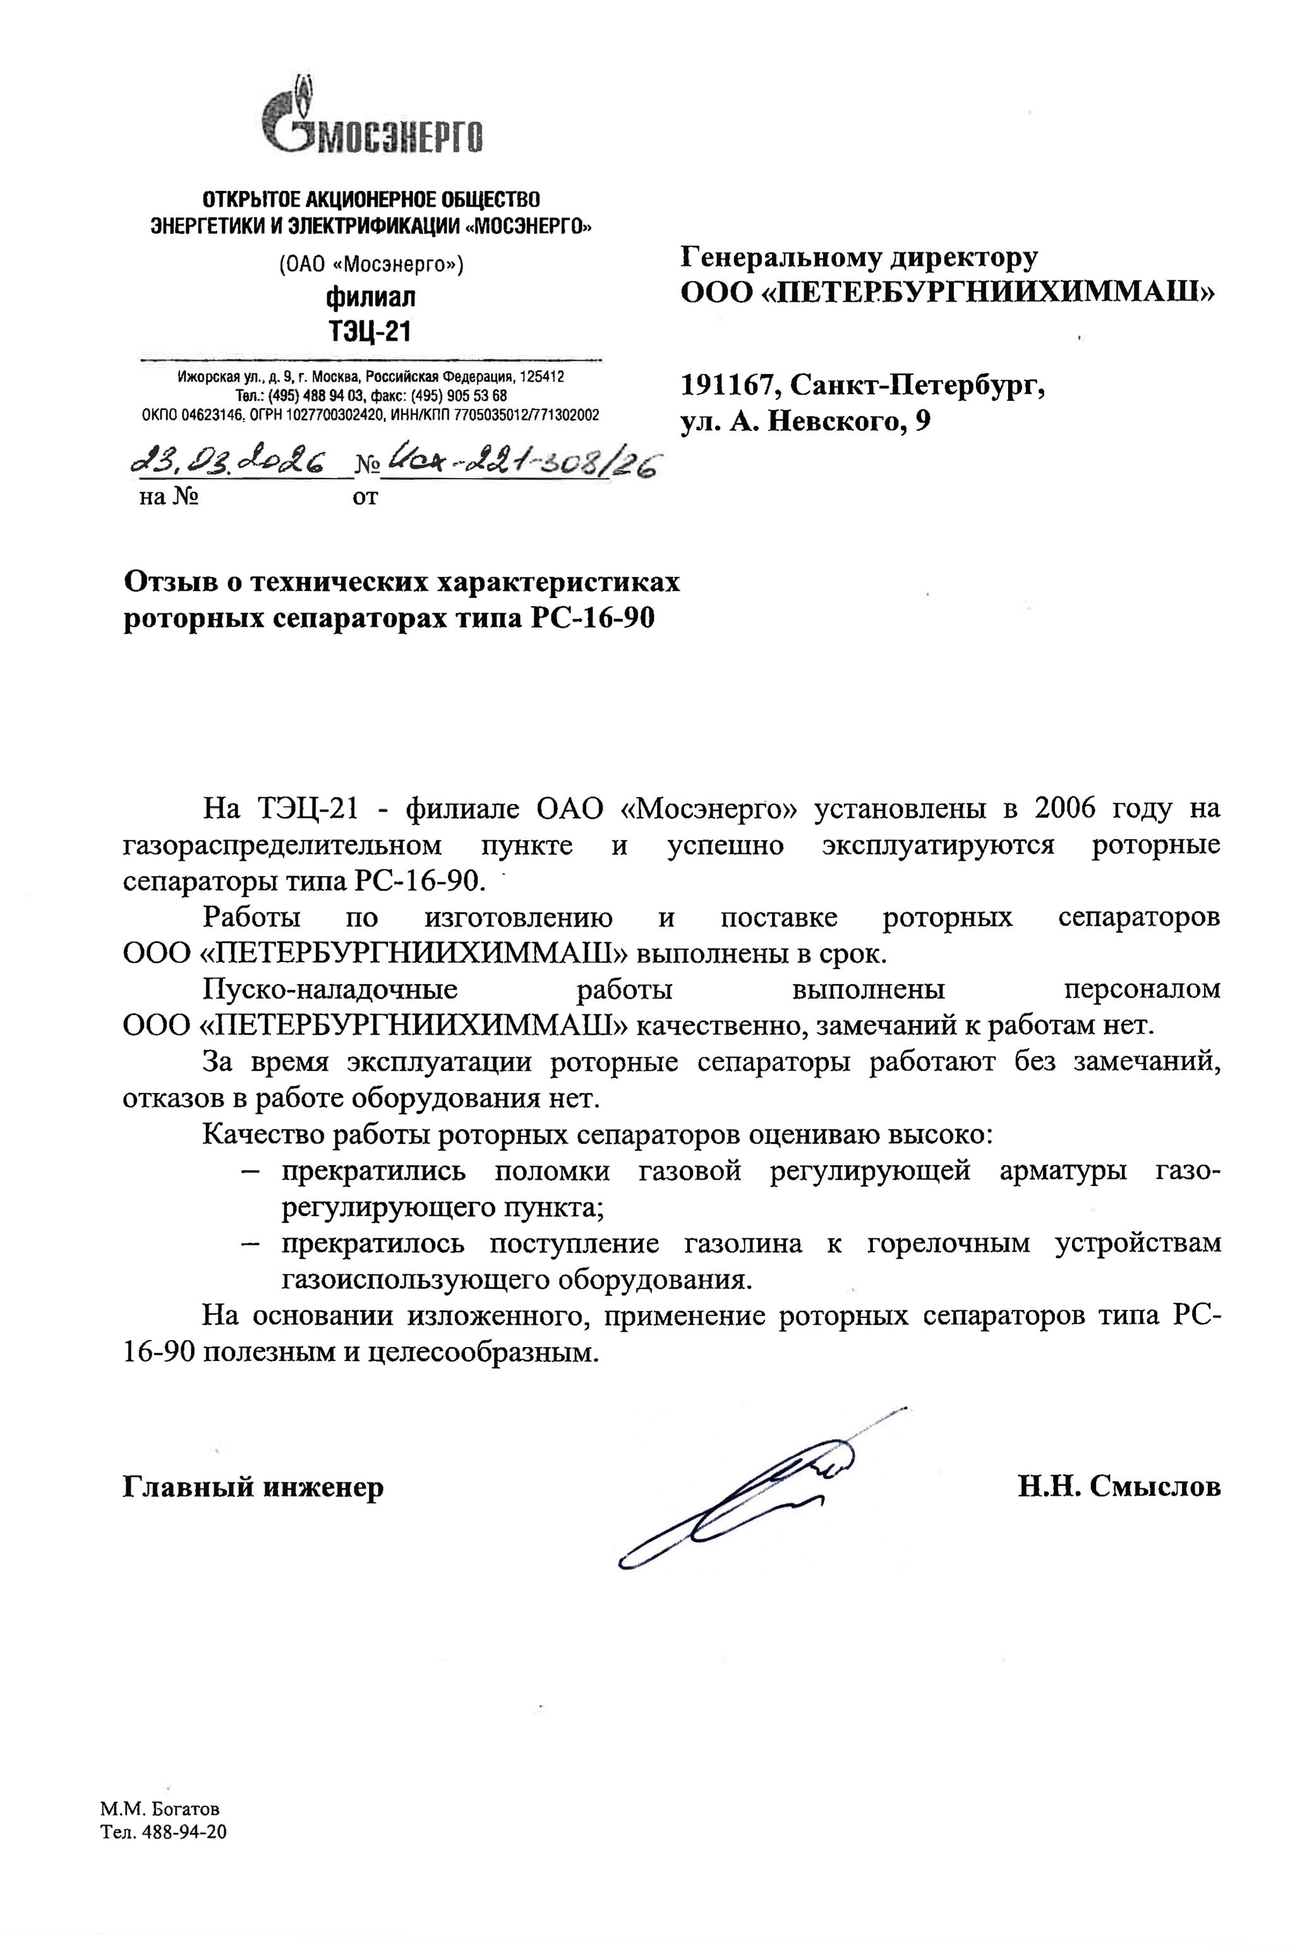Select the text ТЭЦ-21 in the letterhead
click(x=369, y=331)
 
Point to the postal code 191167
click(x=726, y=385)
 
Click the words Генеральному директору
click(x=859, y=257)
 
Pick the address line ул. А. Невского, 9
click(x=805, y=422)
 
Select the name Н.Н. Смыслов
click(x=1119, y=1487)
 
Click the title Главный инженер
click(x=253, y=1487)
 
